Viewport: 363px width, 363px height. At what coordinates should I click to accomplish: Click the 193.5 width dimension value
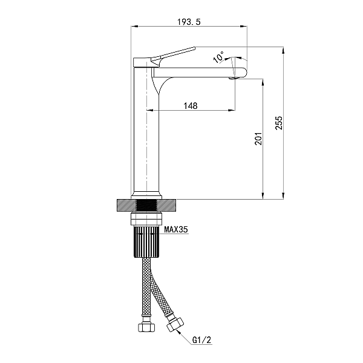[x=189, y=22]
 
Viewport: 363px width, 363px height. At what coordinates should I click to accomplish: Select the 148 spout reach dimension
[x=191, y=106]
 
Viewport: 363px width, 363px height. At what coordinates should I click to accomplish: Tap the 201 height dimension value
[x=258, y=139]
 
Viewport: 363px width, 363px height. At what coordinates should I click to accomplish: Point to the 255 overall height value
[x=279, y=123]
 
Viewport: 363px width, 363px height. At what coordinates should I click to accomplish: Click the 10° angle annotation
[x=218, y=57]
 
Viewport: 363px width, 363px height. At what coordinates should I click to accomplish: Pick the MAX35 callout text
[x=176, y=230]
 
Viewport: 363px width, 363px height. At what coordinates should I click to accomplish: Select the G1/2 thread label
[x=202, y=340]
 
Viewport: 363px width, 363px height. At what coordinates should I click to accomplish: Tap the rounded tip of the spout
[x=243, y=73]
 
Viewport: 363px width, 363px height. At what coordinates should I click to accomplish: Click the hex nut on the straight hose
[x=146, y=327]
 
